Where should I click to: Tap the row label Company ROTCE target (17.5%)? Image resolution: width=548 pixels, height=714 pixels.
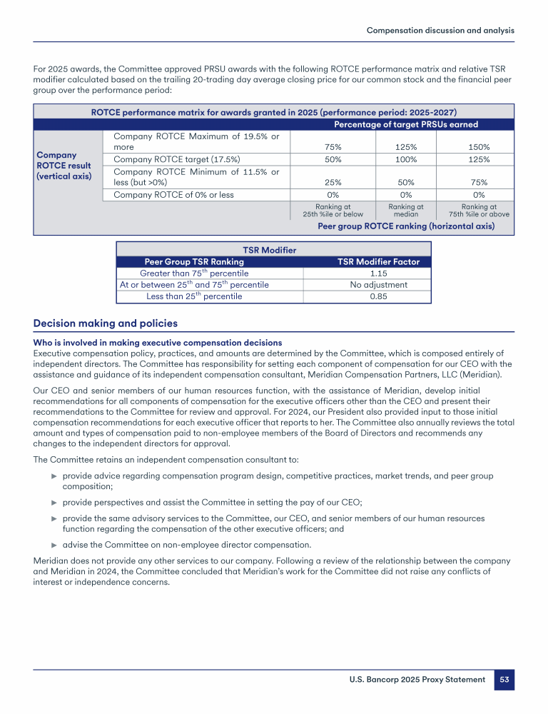click(177, 159)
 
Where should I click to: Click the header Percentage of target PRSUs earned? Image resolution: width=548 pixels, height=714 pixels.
click(406, 125)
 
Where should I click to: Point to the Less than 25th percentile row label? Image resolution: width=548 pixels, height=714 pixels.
click(194, 297)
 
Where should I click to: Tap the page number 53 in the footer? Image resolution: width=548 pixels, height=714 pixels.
click(504, 680)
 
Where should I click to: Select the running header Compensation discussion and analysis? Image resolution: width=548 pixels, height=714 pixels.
click(440, 30)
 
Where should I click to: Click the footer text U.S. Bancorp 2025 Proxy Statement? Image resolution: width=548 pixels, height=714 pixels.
click(417, 680)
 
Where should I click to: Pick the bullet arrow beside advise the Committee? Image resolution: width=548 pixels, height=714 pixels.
click(54, 545)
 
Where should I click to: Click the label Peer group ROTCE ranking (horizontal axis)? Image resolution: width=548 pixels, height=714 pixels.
click(405, 226)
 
